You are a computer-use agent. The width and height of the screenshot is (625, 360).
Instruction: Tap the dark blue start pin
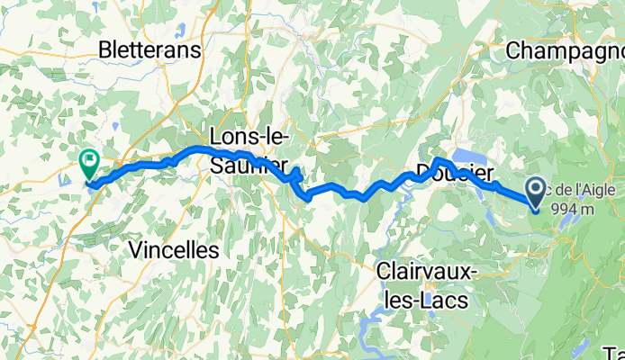535,190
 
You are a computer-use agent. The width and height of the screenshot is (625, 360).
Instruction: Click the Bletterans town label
150,49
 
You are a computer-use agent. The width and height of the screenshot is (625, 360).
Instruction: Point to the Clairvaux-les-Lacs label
423,284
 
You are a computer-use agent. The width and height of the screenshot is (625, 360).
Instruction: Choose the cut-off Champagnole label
566,50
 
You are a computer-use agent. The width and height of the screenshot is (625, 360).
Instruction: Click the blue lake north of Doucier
468,157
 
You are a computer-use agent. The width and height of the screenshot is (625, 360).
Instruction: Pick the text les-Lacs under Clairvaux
423,300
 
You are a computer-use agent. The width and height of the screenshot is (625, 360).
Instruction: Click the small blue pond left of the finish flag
64,180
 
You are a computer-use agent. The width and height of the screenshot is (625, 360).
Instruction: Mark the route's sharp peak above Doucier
436,159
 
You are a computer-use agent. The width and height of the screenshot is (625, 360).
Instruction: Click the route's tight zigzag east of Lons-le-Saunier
295,175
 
